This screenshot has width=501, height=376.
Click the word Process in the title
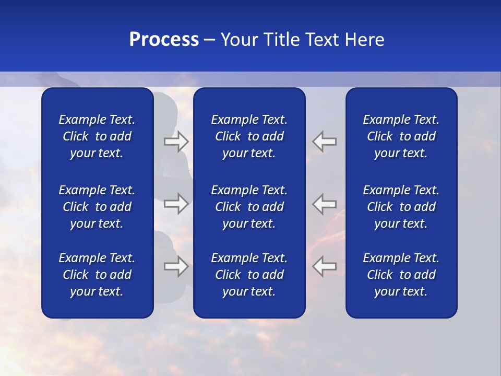pos(164,40)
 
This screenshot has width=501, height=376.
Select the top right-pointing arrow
pos(176,142)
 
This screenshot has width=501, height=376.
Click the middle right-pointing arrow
pos(176,204)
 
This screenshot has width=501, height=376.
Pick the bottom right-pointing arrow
pos(176,266)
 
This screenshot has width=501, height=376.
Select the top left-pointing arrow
pos(324,142)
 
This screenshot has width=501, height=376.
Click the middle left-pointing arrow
pos(324,204)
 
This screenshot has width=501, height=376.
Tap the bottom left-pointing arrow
pos(324,266)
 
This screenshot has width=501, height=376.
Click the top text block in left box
pos(97,136)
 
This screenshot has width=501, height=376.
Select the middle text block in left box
pos(97,207)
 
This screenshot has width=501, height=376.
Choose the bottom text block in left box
pos(97,275)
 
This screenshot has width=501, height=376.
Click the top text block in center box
pos(249,136)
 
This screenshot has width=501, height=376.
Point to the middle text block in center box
pos(249,207)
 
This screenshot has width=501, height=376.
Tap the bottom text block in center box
pos(249,275)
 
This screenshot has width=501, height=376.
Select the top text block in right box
pos(401,136)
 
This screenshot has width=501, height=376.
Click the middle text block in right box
pos(401,207)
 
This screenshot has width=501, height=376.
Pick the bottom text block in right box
pos(401,275)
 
